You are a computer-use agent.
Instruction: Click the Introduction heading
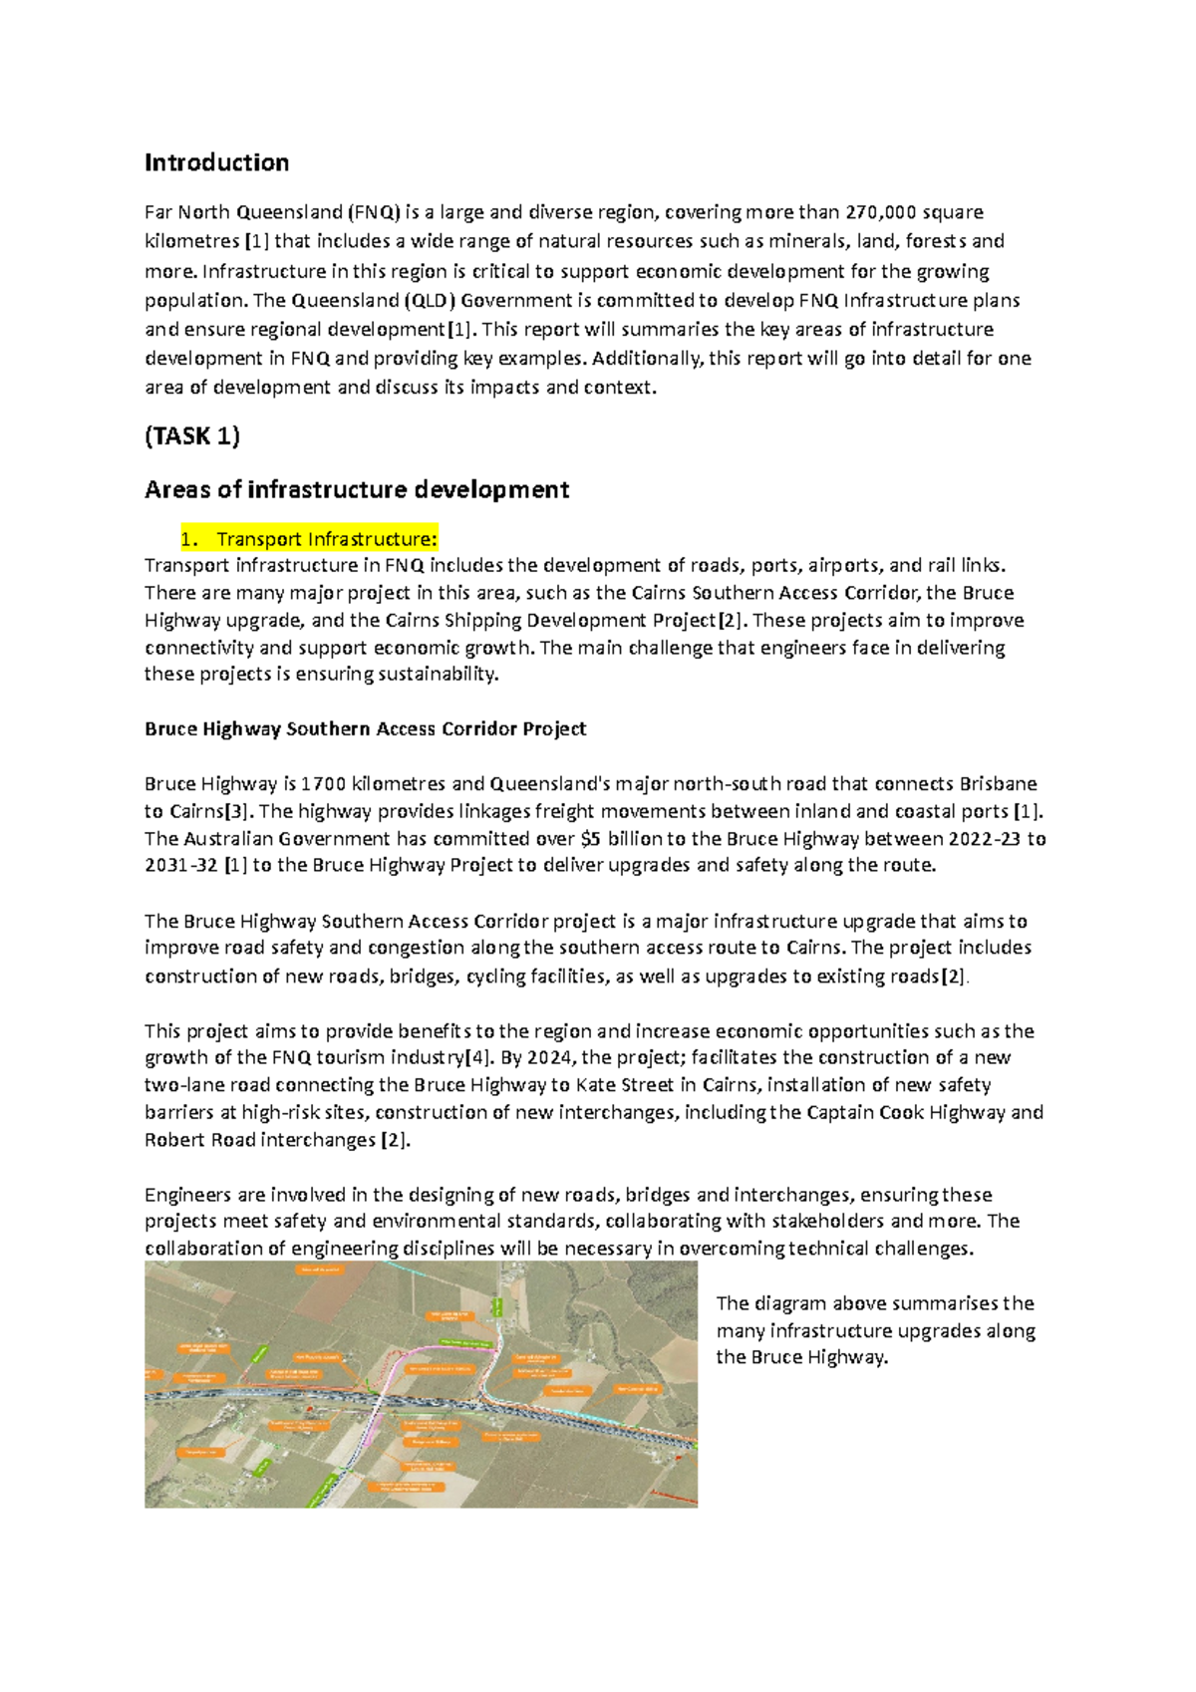coord(216,162)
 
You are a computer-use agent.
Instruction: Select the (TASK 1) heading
coord(191,435)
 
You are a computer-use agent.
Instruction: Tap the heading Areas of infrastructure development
coord(357,489)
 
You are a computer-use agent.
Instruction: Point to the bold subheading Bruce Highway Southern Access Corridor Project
coord(365,728)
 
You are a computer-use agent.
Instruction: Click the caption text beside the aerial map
coord(875,1330)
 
